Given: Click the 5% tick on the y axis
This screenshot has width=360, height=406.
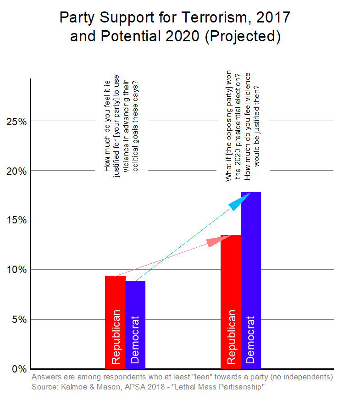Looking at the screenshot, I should point(18,319).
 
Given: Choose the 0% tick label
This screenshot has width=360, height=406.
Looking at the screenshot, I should point(18,368).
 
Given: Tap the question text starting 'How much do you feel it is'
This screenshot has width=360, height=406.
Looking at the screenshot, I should point(122,124).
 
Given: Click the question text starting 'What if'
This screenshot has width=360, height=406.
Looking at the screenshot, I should point(243,126).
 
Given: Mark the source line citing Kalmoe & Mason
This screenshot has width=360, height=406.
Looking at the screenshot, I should point(148,388).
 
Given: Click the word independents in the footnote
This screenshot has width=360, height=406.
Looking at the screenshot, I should point(301,377).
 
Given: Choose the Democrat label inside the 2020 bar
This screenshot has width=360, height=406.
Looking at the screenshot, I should point(250,339).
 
